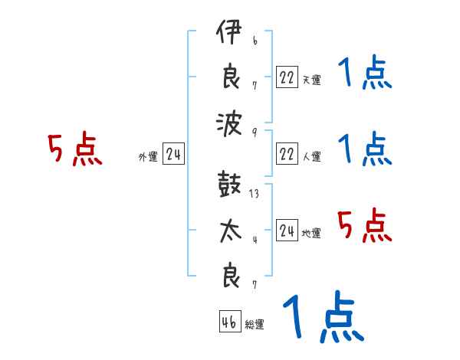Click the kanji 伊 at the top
tap(229, 34)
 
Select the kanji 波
tap(229, 123)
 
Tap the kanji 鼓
tap(229, 186)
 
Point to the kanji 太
tap(229, 232)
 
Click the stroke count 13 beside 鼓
tap(254, 194)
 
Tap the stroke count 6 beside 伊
tap(254, 41)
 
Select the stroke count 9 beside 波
tap(254, 131)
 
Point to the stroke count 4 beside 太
tap(254, 239)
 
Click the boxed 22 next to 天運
tap(287, 77)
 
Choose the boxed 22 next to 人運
tap(287, 154)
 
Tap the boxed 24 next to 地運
tap(287, 231)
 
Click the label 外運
tap(147, 157)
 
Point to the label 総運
tap(255, 325)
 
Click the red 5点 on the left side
tap(75, 150)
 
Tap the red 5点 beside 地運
tap(364, 227)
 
